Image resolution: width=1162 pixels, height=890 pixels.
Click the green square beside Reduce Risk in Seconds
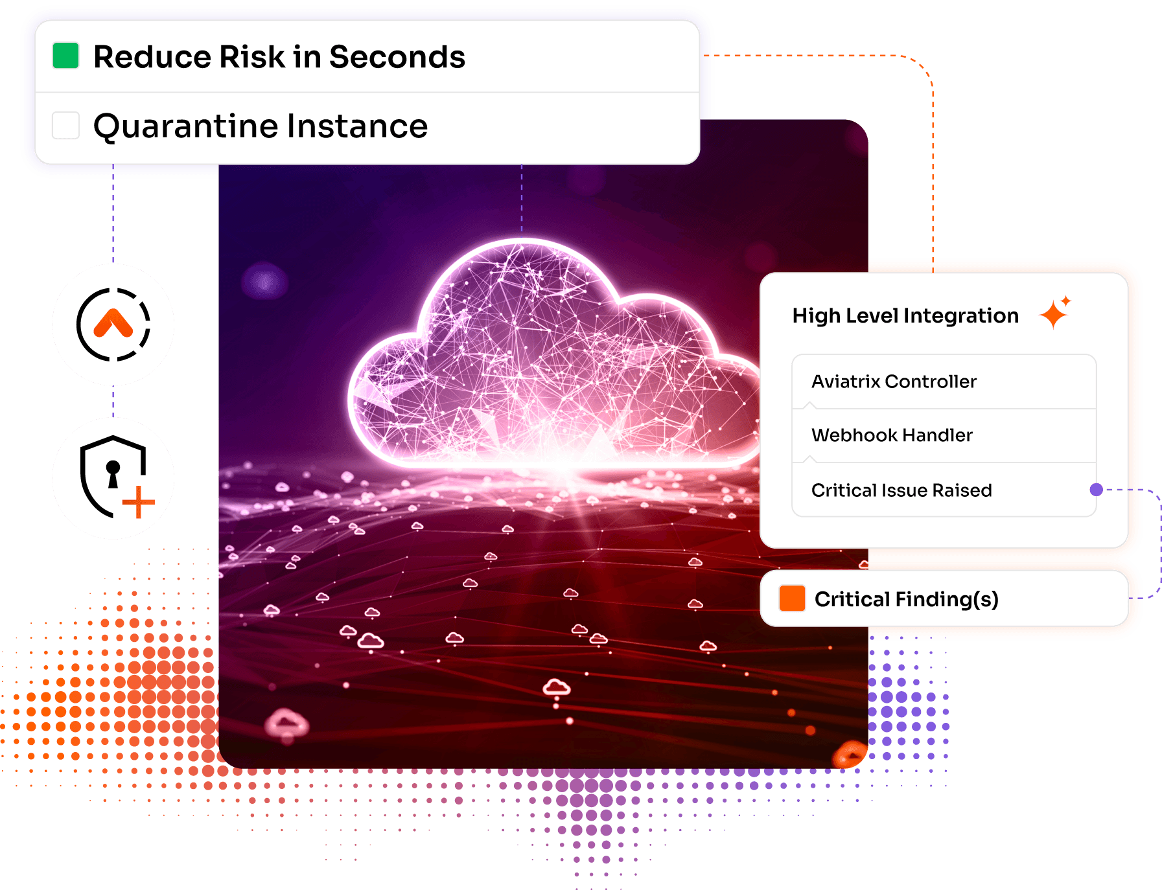point(65,56)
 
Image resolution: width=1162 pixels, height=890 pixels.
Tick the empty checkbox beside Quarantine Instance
point(65,125)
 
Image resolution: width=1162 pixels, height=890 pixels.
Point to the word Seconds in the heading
point(397,57)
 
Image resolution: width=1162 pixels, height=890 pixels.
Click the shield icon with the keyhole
point(111,475)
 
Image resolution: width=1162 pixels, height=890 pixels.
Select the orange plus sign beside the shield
point(138,502)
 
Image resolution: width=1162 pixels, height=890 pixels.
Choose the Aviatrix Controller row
point(944,382)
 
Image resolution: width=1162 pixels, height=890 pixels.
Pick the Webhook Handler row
point(944,435)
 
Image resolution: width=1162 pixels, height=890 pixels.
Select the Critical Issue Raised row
point(944,490)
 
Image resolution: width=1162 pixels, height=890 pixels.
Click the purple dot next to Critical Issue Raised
point(1096,490)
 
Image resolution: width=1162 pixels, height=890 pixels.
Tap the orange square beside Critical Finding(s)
point(792,599)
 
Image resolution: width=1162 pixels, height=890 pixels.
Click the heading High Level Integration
point(905,316)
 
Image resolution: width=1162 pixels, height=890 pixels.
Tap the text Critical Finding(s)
point(906,600)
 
